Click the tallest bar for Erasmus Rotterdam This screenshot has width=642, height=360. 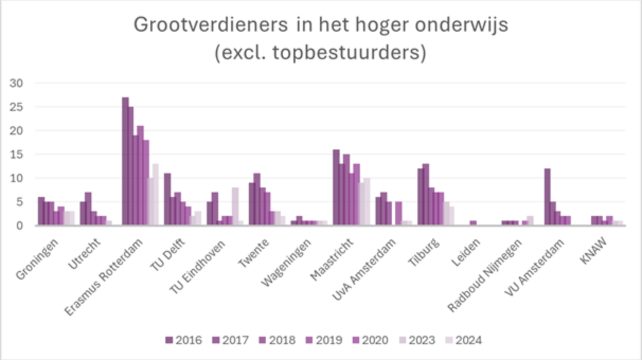(125, 161)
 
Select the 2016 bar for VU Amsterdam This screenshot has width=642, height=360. (547, 197)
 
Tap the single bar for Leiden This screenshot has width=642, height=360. (473, 223)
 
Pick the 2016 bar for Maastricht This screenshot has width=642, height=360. (336, 187)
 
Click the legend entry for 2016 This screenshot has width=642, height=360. (183, 340)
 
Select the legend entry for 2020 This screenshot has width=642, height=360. (370, 340)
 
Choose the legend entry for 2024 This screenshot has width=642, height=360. (463, 340)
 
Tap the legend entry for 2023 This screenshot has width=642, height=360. (416, 340)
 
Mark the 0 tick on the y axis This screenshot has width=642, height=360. (21, 226)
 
